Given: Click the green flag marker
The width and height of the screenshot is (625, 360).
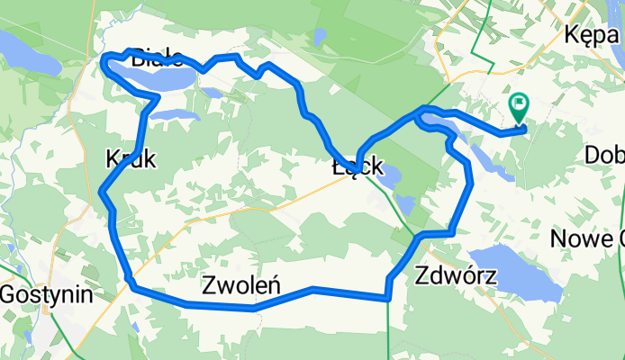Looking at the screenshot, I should coord(520,107).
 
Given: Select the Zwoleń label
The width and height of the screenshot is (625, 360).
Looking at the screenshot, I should coord(240,285).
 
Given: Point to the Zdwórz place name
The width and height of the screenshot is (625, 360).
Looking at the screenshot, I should coord(457,275).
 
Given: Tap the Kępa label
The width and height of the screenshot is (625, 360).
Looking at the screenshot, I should coord(593,37).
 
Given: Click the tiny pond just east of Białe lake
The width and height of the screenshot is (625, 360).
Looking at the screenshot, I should coord(213,92).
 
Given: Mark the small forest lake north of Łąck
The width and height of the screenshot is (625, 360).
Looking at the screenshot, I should coord(320,38).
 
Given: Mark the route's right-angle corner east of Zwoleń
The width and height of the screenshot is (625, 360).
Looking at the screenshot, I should coord(388,295).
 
